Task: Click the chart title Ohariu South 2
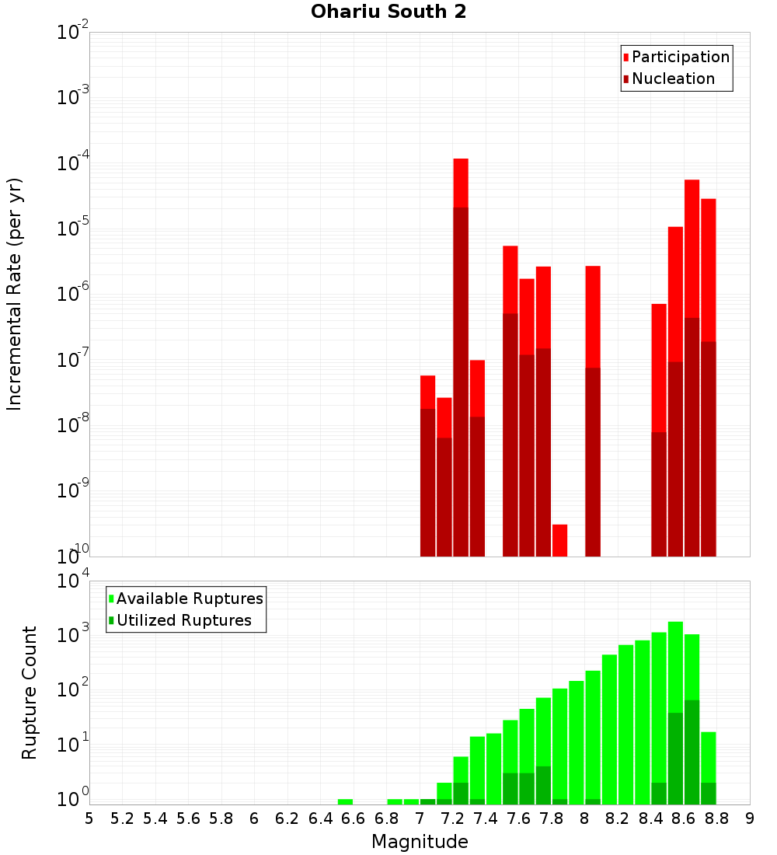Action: tap(388, 12)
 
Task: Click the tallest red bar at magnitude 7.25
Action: tap(461, 183)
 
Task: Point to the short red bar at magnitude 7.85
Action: tap(559, 539)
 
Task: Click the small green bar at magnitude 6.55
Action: tap(345, 801)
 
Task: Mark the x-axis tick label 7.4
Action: tap(486, 818)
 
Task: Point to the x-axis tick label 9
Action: tap(750, 818)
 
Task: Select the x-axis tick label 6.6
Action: tap(354, 818)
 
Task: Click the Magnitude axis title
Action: tap(420, 842)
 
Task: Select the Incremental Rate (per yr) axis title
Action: tap(15, 295)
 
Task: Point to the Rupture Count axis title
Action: tap(30, 693)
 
